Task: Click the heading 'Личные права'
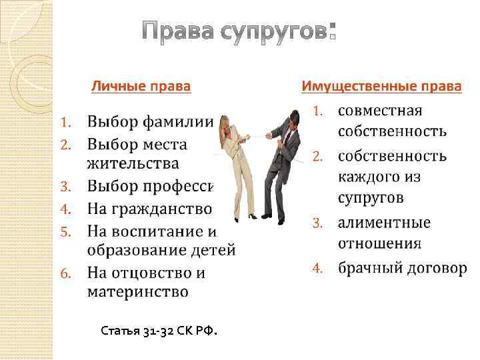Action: coord(141,87)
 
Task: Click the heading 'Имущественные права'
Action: coord(381,87)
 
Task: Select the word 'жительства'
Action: coord(133,163)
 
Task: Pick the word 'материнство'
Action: coord(137,292)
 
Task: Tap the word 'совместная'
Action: coord(389,110)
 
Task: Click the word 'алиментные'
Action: coord(384,223)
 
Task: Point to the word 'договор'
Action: coord(436,269)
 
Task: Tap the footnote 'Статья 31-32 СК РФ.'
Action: coord(159,331)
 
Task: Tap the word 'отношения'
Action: coord(379,242)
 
